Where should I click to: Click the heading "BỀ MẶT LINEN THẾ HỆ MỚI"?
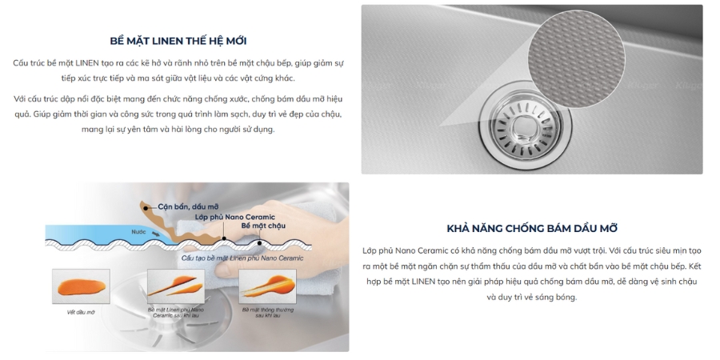[x=183, y=41]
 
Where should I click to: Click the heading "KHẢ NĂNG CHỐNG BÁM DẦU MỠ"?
[x=532, y=228]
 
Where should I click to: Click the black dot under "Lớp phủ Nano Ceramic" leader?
[x=223, y=238]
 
